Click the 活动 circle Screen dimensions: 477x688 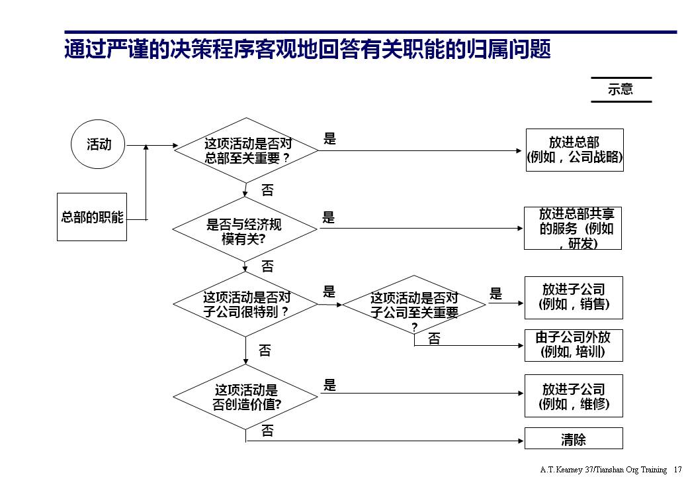click(99, 144)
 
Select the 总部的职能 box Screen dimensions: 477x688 click(93, 217)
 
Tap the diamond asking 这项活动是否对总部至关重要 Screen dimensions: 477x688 click(246, 150)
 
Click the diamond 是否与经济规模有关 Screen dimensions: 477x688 click(245, 229)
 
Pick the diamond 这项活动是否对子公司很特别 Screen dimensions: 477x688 click(245, 304)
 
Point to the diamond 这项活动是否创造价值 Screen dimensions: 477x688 click(245, 396)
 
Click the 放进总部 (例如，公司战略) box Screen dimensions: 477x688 click(574, 150)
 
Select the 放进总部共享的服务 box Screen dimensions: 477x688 click(573, 229)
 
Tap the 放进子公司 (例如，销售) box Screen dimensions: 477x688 click(574, 297)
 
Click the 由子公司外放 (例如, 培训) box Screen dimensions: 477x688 click(574, 344)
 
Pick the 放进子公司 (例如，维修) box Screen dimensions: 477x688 click(574, 396)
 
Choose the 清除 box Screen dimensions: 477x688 click(574, 439)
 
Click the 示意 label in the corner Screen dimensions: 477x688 click(621, 89)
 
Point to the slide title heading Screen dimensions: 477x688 click(308, 50)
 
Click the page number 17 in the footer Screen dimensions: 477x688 click(677, 469)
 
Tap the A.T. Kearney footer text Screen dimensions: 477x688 click(603, 469)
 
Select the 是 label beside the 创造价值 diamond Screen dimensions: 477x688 click(329, 385)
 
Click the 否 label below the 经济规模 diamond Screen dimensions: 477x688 click(267, 266)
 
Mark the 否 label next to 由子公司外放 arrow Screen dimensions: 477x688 click(434, 339)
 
